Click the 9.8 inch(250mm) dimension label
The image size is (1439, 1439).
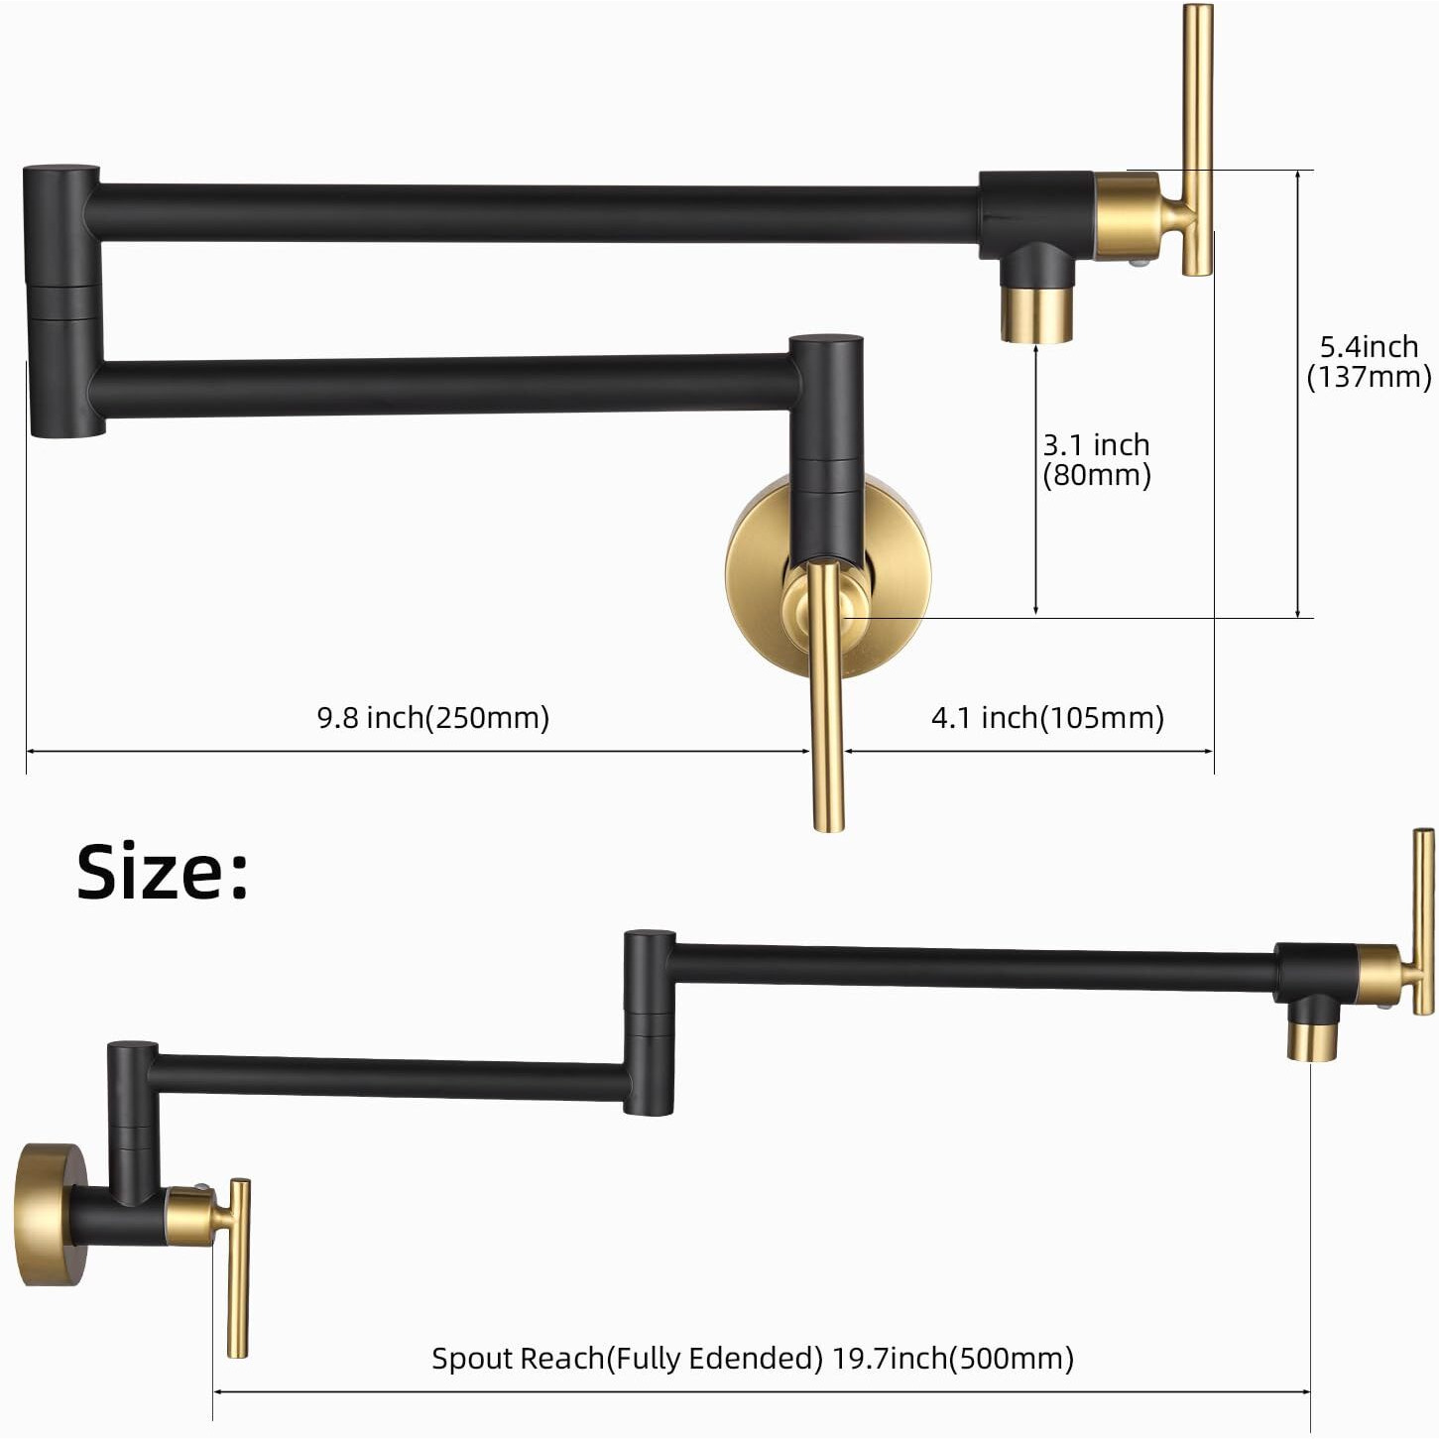point(432,717)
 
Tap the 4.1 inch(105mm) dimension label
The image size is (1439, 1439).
point(1047,717)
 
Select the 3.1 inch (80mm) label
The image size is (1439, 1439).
point(1096,459)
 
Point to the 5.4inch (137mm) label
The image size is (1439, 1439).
point(1369,361)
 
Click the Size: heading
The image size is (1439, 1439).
point(163,872)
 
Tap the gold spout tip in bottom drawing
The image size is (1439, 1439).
point(1311,1041)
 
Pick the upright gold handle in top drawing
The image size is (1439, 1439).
point(1197,139)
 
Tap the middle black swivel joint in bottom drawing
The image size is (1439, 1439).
point(650,1021)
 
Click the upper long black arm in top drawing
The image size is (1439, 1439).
point(536,212)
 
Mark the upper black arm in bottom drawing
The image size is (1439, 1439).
point(972,966)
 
